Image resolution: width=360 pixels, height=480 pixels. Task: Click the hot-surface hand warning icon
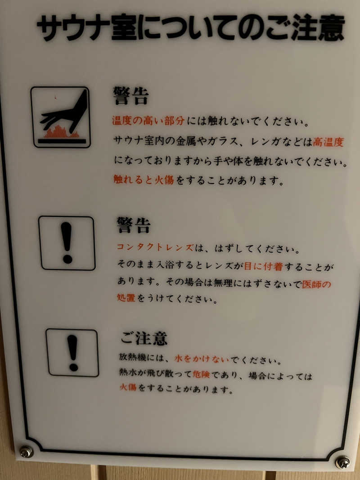click(x=61, y=117)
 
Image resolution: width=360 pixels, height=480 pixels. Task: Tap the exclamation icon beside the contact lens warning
click(x=67, y=243)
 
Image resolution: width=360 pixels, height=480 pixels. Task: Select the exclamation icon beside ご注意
click(x=72, y=353)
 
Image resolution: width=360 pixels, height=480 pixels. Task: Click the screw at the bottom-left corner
click(x=26, y=451)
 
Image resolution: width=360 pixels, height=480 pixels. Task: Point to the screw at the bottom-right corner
click(x=342, y=462)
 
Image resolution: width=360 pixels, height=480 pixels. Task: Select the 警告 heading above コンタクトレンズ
click(x=133, y=225)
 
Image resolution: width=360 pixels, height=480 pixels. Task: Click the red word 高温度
click(x=328, y=143)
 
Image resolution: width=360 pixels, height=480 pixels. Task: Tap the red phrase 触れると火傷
click(x=144, y=181)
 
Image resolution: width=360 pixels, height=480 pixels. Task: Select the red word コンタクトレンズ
click(x=155, y=247)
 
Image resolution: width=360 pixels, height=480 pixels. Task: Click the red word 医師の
click(x=317, y=284)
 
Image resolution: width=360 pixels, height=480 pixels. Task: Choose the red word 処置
click(x=126, y=298)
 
